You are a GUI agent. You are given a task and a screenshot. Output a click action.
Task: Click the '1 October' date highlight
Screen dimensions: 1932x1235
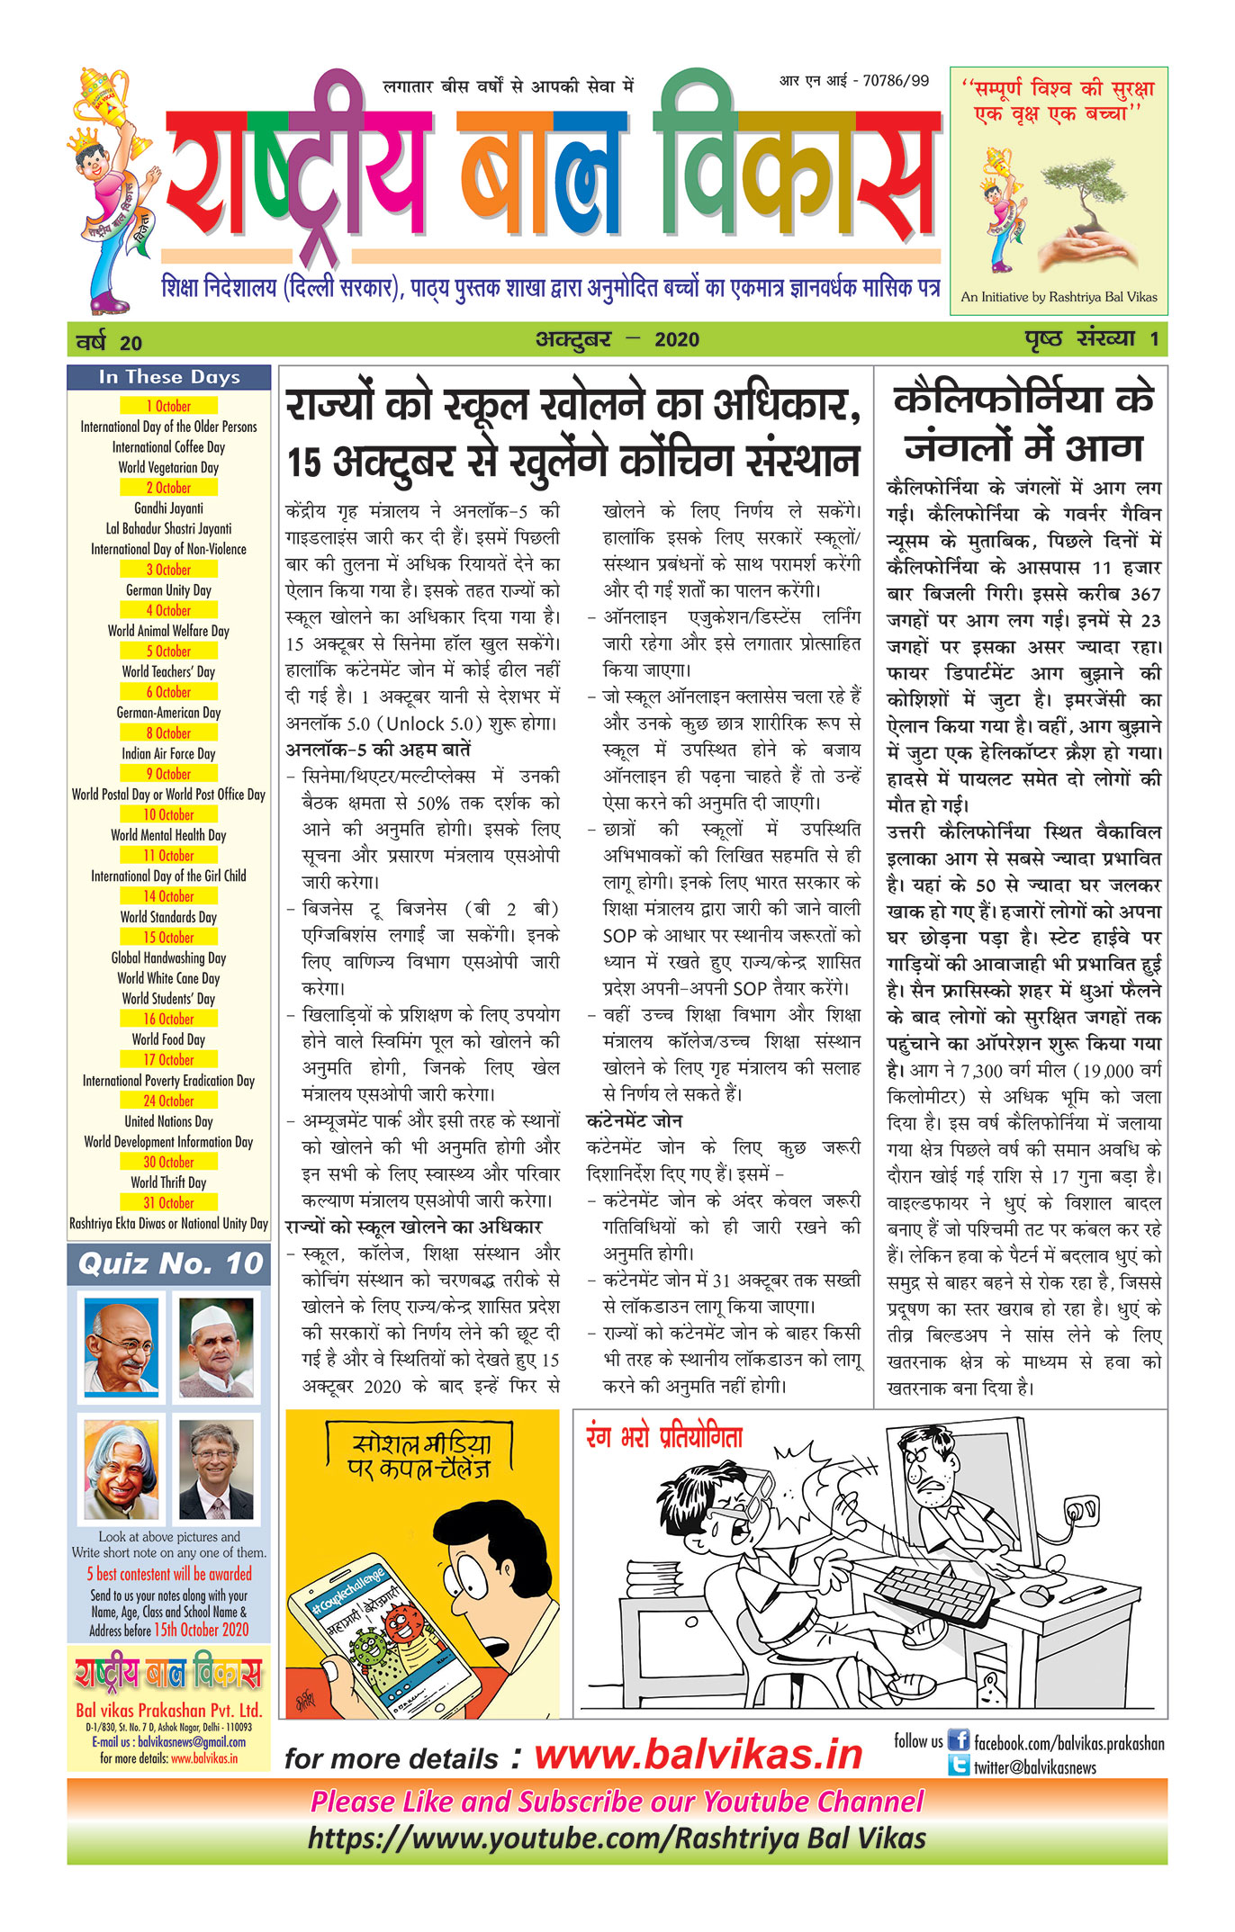[168, 406]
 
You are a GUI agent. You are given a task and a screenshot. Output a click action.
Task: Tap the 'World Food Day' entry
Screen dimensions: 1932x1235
[168, 1039]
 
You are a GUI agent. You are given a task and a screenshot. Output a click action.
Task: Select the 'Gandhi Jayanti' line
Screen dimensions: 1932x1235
[168, 508]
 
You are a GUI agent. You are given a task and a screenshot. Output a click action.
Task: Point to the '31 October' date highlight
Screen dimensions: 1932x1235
[168, 1202]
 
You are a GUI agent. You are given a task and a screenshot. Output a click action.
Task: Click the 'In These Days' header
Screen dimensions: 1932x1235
[168, 377]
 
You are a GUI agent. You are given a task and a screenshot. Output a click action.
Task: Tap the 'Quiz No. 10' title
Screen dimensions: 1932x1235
[169, 1264]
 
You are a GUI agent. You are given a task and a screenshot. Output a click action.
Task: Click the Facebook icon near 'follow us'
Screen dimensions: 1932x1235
[959, 1740]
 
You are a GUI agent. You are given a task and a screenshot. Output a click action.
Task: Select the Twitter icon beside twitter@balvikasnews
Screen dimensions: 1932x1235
[959, 1766]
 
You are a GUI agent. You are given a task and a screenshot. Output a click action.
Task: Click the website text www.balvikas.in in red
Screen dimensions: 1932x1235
[699, 1754]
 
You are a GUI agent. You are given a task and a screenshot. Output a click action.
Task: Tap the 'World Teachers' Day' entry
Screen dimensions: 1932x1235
[168, 671]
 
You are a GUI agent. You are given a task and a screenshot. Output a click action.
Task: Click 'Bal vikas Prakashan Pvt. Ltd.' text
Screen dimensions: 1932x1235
[168, 1710]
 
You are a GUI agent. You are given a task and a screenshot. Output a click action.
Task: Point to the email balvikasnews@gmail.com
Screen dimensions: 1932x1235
[192, 1742]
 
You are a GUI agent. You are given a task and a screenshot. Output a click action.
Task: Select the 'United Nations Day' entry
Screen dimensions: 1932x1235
[168, 1121]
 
